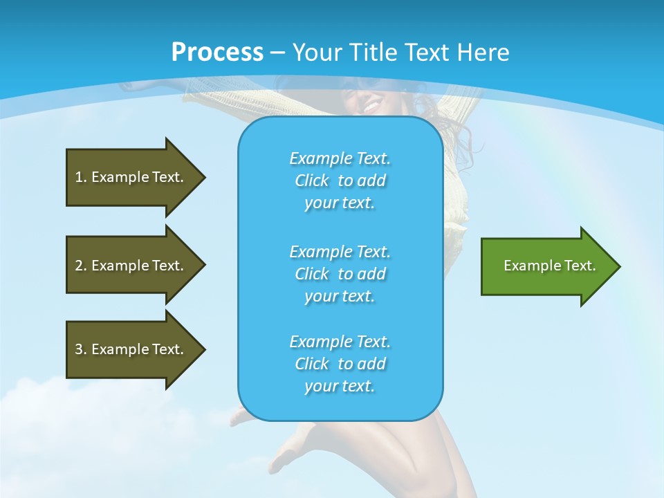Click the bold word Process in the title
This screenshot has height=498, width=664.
pyautogui.click(x=217, y=53)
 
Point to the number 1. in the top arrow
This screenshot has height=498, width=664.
pyautogui.click(x=81, y=177)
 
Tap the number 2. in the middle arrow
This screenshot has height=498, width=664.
pyautogui.click(x=81, y=266)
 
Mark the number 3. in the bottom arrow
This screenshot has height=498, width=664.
pyautogui.click(x=81, y=349)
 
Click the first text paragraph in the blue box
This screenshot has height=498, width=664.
pyautogui.click(x=340, y=181)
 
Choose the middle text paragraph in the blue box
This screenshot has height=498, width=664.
pyautogui.click(x=340, y=274)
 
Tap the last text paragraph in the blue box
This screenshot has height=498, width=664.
pyautogui.click(x=340, y=364)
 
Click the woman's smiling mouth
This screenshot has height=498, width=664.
pyautogui.click(x=371, y=107)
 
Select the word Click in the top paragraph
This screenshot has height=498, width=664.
pyautogui.click(x=311, y=181)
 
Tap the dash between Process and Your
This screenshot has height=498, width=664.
pyautogui.click(x=277, y=53)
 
